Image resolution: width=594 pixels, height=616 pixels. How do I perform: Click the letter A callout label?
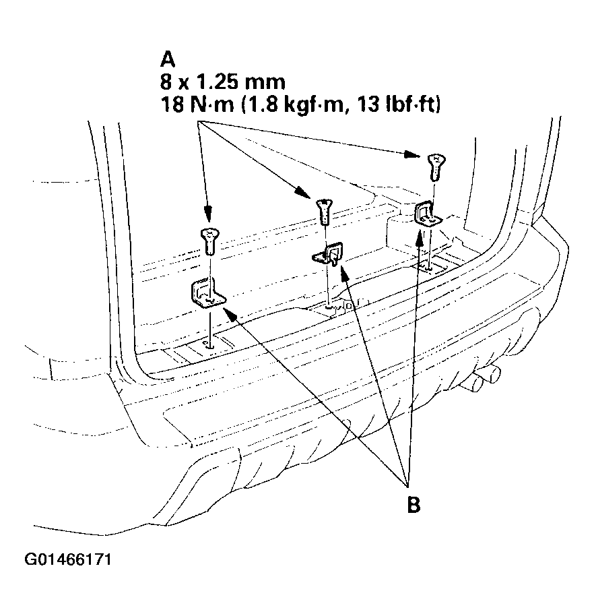(168, 59)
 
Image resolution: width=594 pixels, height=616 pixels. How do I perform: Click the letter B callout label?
(414, 505)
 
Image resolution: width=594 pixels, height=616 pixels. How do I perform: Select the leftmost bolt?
(209, 241)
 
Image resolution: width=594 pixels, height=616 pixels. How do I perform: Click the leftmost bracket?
(209, 294)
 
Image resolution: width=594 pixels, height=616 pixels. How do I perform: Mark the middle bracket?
(327, 255)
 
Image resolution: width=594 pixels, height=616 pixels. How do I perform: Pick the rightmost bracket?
(426, 214)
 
